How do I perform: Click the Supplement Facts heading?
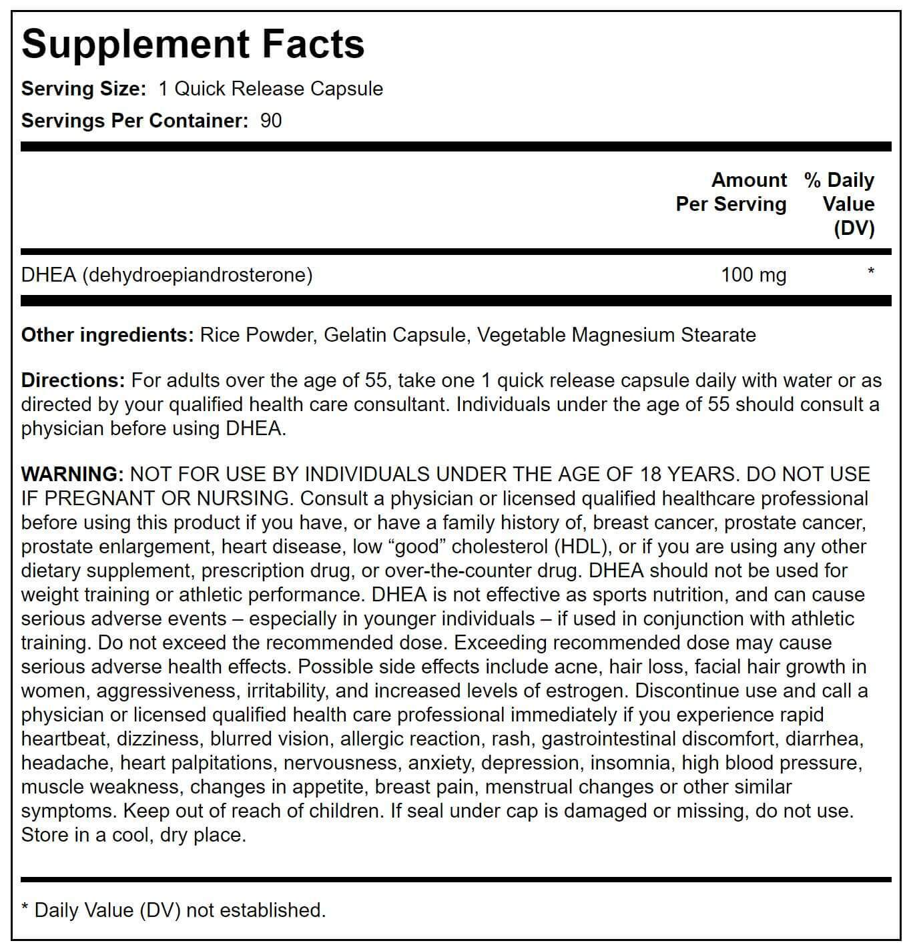point(193,44)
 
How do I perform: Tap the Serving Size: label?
point(83,89)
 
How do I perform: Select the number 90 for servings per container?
point(271,121)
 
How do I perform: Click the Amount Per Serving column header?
point(731,192)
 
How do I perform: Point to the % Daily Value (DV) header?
point(840,204)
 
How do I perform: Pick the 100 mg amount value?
point(753,275)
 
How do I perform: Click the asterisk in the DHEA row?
point(870,272)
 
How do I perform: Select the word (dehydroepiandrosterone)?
point(198,275)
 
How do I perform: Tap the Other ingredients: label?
point(107,334)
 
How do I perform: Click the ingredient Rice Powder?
point(256,334)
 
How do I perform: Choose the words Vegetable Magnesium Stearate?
point(617,334)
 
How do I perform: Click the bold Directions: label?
point(73,380)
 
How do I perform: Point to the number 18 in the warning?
point(651,474)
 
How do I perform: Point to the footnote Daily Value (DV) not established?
point(180,910)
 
